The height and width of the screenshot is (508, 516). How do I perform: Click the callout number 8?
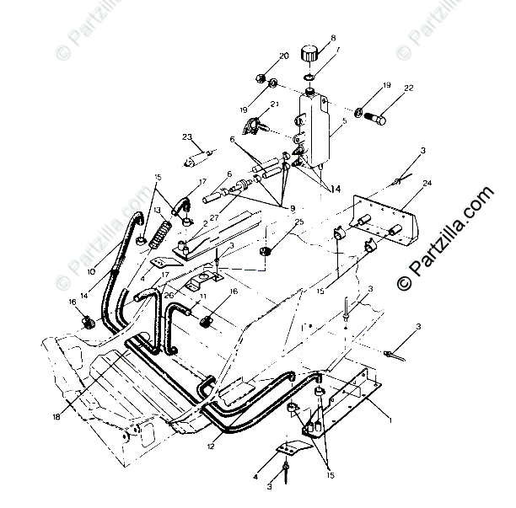333,38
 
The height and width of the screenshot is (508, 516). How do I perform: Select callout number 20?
283,56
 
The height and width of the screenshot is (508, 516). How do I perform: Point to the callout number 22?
409,88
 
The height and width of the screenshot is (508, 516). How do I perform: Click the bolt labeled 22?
376,119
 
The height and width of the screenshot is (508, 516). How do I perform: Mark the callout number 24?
427,182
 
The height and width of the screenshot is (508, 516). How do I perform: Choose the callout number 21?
274,105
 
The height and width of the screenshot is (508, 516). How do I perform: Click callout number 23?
187,136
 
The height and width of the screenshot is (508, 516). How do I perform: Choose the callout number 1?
390,419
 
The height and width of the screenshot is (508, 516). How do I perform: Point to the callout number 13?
157,210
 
